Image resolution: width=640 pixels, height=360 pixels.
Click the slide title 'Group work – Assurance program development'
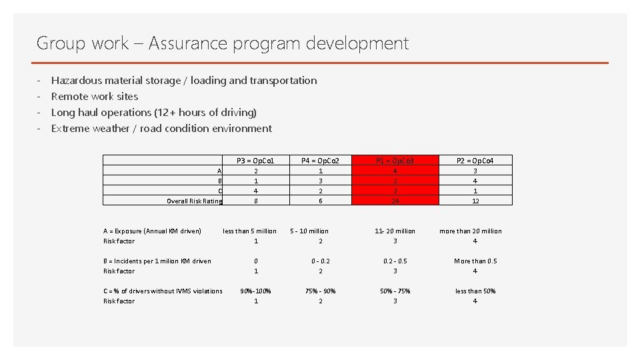pyautogui.click(x=222, y=43)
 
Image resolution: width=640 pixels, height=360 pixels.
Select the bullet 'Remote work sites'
pyautogui.click(x=95, y=97)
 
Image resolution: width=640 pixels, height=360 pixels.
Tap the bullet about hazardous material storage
pyautogui.click(x=184, y=81)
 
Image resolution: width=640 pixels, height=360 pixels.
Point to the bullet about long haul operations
pyautogui.click(x=153, y=113)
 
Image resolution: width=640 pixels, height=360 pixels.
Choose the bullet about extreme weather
pyautogui.click(x=161, y=129)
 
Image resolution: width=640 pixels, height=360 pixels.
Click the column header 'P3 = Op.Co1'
pyautogui.click(x=256, y=161)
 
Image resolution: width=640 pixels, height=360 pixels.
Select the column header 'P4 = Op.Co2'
pyautogui.click(x=320, y=161)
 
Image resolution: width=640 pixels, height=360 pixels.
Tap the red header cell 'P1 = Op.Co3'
pyautogui.click(x=395, y=161)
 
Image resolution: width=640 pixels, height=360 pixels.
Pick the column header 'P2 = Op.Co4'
pyautogui.click(x=475, y=161)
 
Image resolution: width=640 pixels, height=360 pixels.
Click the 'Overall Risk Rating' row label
pyautogui.click(x=194, y=201)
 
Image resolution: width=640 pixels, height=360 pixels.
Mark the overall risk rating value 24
pyautogui.click(x=395, y=201)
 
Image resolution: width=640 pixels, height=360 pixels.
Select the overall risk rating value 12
pyautogui.click(x=475, y=201)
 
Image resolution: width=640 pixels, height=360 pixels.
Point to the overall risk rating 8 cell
pyautogui.click(x=256, y=201)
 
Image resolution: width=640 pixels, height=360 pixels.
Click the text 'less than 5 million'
pyautogui.click(x=249, y=231)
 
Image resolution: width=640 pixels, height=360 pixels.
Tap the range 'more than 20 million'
pyautogui.click(x=471, y=231)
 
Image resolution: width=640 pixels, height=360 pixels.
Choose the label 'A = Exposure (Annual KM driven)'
pyautogui.click(x=152, y=231)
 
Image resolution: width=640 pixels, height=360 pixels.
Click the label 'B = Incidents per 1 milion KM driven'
pyautogui.click(x=157, y=261)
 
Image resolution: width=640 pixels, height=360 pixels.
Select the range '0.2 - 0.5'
pyautogui.click(x=395, y=261)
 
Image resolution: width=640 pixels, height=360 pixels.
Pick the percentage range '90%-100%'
pyautogui.click(x=256, y=291)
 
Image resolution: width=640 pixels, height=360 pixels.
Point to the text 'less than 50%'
pyautogui.click(x=475, y=291)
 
